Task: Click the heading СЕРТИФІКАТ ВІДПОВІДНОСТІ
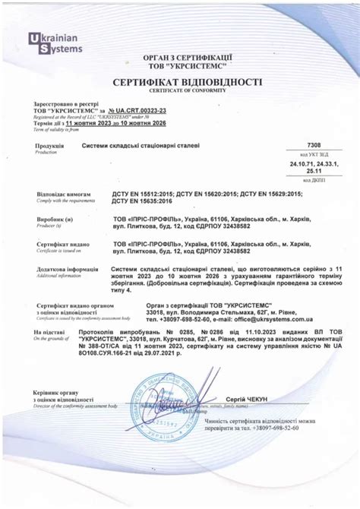click(188, 81)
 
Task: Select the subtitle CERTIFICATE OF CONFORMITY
click(188, 90)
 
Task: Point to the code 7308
click(314, 144)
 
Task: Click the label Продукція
click(49, 145)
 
